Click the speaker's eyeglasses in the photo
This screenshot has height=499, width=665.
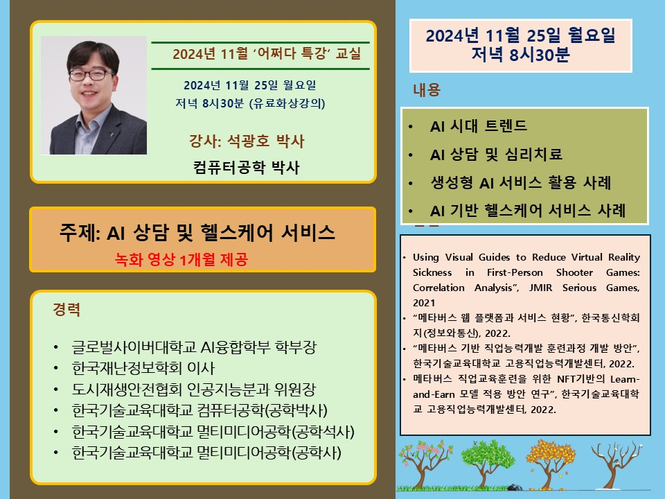91,75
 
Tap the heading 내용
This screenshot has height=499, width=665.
427,90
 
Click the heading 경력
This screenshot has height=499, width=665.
66,309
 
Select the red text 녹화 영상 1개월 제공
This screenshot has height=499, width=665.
181,259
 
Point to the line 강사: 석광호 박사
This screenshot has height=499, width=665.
247,141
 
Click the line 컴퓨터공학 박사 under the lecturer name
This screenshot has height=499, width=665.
247,167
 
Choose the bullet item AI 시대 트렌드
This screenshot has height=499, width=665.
479,126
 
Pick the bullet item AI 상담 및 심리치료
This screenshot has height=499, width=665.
496,154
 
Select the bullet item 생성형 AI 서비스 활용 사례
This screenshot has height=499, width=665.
521,182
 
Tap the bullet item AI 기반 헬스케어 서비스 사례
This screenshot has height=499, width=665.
528,211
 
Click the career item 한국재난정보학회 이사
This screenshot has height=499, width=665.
143,368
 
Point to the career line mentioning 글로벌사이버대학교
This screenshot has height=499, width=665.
194,347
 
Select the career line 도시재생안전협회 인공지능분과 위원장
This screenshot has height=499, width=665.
194,389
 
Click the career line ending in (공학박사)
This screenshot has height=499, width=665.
199,410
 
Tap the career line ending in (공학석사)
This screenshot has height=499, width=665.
213,432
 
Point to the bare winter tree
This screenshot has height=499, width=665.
616,464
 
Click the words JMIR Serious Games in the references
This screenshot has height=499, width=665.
585,288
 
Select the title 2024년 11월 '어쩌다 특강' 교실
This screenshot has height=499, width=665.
267,54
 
